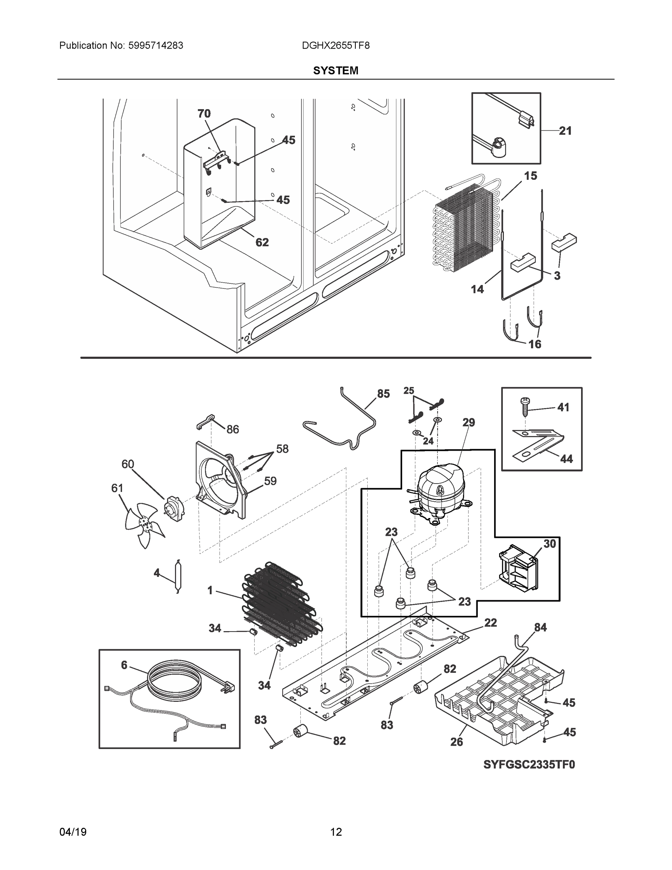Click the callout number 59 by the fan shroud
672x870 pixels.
point(270,481)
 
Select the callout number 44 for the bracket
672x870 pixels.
point(566,459)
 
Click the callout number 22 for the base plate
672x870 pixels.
point(490,622)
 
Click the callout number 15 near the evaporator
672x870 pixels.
point(530,176)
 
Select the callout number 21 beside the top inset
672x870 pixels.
point(565,130)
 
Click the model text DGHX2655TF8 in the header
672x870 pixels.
point(335,46)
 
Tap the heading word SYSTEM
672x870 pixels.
point(335,71)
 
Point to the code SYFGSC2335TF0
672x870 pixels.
point(529,765)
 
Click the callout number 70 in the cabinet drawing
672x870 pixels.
point(204,113)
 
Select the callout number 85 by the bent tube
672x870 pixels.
point(383,394)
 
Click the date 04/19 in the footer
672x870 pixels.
point(73,832)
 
